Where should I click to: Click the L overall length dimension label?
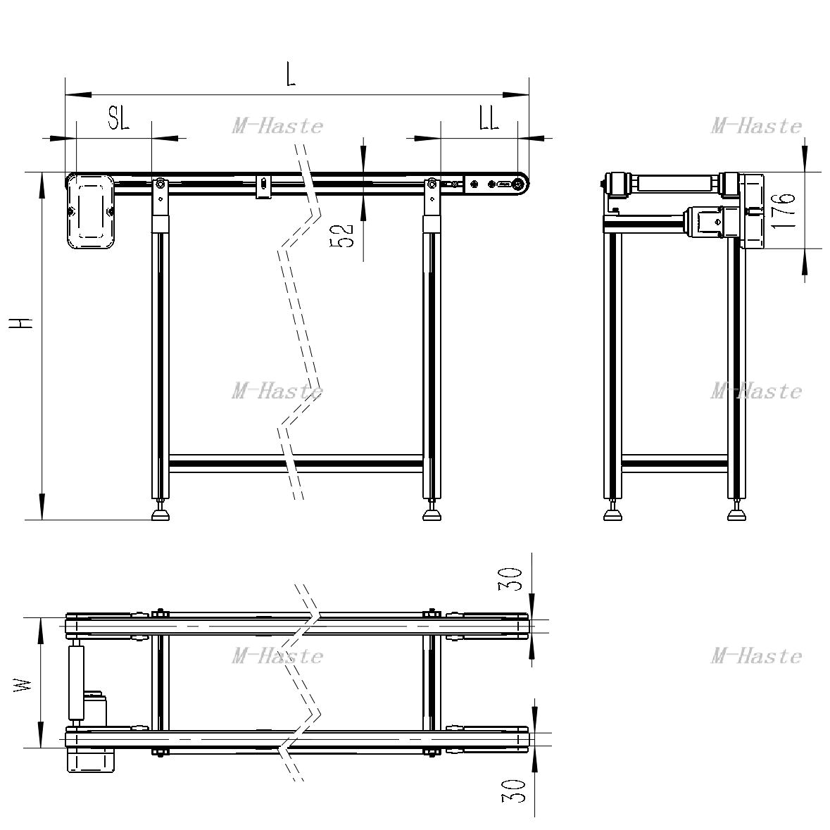point(290,75)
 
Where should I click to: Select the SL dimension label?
point(118,118)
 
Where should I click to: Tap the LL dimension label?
point(489,118)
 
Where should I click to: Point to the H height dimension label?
point(21,322)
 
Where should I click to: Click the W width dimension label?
point(23,686)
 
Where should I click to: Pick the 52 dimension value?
point(342,236)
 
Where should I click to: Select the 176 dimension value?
point(783,210)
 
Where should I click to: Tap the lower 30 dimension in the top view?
point(513,791)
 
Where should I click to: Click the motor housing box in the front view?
point(91,212)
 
